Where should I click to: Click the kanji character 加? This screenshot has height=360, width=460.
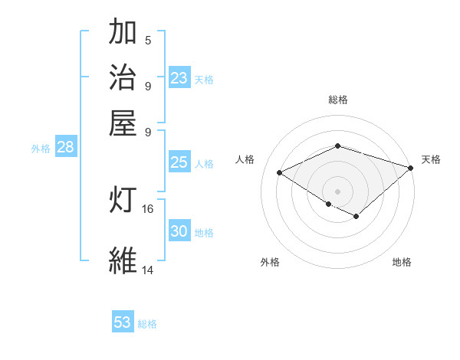pyautogui.click(x=123, y=33)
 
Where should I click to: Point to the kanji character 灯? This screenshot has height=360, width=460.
pyautogui.click(x=123, y=200)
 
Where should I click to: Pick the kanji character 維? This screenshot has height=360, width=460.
pyautogui.click(x=123, y=260)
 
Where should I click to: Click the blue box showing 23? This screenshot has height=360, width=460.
pyautogui.click(x=179, y=78)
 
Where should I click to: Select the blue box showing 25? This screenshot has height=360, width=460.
pyautogui.click(x=179, y=162)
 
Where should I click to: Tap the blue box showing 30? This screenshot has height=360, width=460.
pyautogui.click(x=179, y=231)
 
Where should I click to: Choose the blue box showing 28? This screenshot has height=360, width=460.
pyautogui.click(x=65, y=148)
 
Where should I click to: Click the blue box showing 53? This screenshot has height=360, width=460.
pyautogui.click(x=123, y=322)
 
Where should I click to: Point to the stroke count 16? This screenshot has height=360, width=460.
pyautogui.click(x=148, y=208)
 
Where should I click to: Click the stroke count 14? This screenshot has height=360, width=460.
pyautogui.click(x=148, y=270)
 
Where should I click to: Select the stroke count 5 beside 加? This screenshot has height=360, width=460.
pyautogui.click(x=147, y=41)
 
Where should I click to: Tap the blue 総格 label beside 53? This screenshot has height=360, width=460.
pyautogui.click(x=147, y=324)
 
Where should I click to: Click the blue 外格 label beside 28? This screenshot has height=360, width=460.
pyautogui.click(x=41, y=149)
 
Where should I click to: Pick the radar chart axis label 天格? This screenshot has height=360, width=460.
pyautogui.click(x=431, y=159)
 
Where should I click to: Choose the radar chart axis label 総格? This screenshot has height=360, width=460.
pyautogui.click(x=338, y=100)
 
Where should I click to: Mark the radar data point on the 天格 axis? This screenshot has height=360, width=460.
pyautogui.click(x=412, y=167)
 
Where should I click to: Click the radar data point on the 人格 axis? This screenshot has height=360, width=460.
pyautogui.click(x=280, y=172)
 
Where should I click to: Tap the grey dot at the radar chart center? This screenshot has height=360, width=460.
pyautogui.click(x=338, y=191)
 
